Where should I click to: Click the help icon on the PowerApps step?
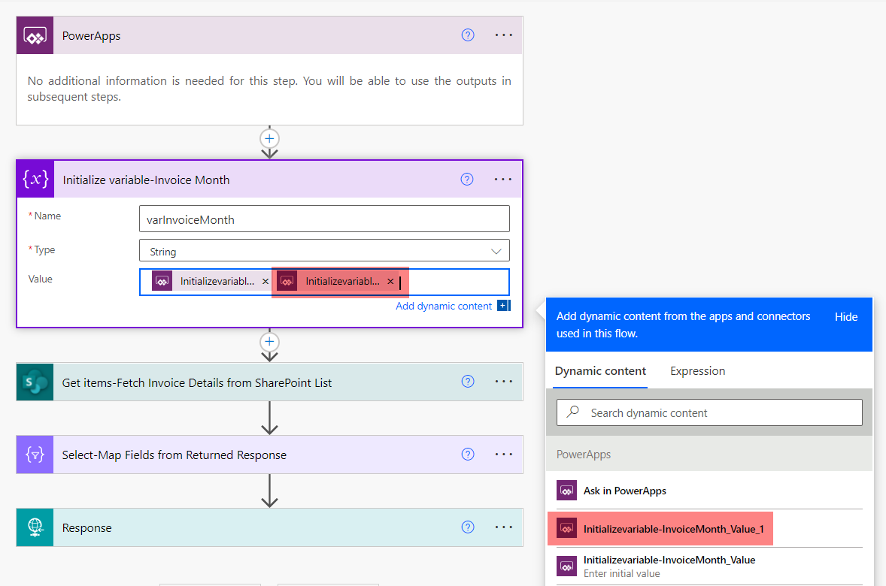pyautogui.click(x=468, y=35)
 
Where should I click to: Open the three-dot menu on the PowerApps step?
pyautogui.click(x=503, y=35)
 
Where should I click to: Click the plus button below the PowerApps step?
pyautogui.click(x=269, y=139)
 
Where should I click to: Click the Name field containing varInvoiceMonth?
pyautogui.click(x=324, y=219)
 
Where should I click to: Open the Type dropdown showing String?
pyautogui.click(x=324, y=251)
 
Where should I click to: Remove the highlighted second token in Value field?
pyautogui.click(x=390, y=282)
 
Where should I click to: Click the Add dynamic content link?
pyautogui.click(x=444, y=306)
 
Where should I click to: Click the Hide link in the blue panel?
pyautogui.click(x=846, y=317)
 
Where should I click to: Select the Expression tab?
pyautogui.click(x=697, y=371)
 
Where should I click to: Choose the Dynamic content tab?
pyautogui.click(x=600, y=371)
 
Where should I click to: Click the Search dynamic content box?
pyautogui.click(x=709, y=412)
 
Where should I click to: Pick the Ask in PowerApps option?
pyautogui.click(x=624, y=491)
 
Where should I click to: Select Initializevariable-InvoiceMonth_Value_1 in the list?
pyautogui.click(x=673, y=529)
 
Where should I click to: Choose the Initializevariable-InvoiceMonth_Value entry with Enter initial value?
pyautogui.click(x=669, y=565)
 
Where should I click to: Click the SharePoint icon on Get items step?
pyautogui.click(x=35, y=382)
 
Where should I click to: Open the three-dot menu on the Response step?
pyautogui.click(x=503, y=527)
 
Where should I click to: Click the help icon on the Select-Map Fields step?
pyautogui.click(x=468, y=455)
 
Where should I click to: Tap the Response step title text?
pyautogui.click(x=87, y=528)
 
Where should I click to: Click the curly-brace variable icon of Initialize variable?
pyautogui.click(x=35, y=180)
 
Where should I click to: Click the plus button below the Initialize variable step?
pyautogui.click(x=269, y=343)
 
